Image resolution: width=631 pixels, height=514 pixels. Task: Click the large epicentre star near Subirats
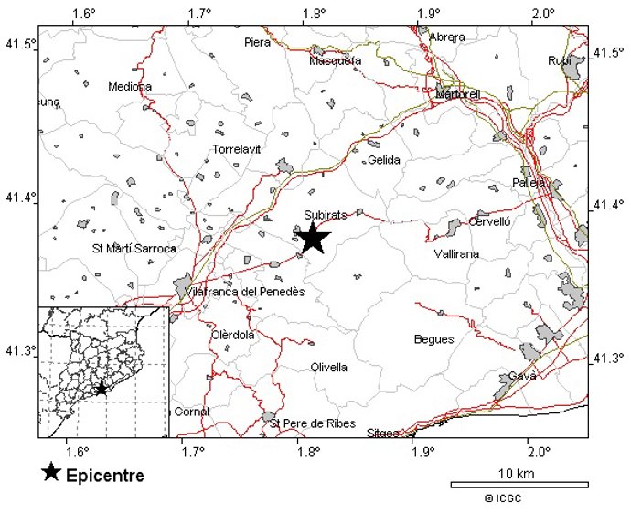coord(312,237)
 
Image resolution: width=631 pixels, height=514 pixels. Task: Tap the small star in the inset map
coord(102,388)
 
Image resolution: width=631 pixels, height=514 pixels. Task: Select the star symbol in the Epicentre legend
coord(51,473)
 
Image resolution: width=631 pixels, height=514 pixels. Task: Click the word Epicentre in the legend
coord(105,476)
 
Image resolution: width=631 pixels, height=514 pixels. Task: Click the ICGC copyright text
coord(504,498)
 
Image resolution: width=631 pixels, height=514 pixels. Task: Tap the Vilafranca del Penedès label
coord(244,292)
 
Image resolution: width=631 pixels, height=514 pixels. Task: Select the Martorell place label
coord(458,94)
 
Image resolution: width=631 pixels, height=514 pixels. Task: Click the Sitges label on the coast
coord(383,433)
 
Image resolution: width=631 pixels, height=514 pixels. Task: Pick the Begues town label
coord(433,339)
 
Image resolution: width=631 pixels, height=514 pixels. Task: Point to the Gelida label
coord(384,160)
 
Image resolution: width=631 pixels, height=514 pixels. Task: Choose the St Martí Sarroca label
coord(134,248)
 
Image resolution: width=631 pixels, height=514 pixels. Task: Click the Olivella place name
coord(329,368)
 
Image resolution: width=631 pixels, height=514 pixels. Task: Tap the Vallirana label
coord(456,253)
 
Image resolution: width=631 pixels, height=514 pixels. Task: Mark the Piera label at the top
coord(258,42)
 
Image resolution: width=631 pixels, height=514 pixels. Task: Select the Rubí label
coord(558,60)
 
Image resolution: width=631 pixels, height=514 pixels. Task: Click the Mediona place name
coord(130,87)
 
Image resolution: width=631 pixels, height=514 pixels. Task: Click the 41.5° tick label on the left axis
coord(19,44)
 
